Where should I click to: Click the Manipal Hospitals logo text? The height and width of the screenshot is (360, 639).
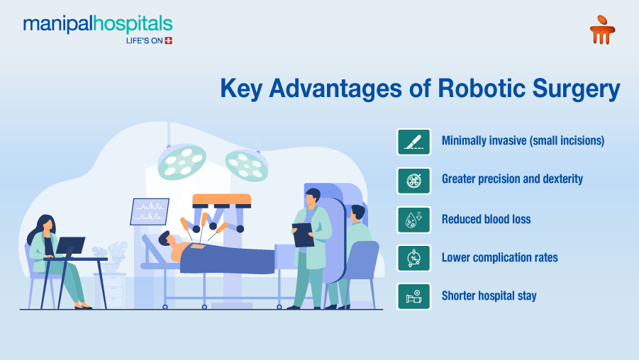(x=97, y=24)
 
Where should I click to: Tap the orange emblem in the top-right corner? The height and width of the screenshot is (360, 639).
(x=602, y=30)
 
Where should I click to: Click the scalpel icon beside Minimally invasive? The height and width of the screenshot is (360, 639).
(x=414, y=141)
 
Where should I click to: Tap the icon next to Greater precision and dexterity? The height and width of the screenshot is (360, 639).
(x=414, y=180)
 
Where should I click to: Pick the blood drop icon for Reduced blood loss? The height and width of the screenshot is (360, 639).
(x=414, y=220)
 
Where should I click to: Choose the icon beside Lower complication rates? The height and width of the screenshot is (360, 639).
(x=414, y=258)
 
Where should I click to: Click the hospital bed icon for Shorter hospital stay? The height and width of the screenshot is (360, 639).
(x=414, y=296)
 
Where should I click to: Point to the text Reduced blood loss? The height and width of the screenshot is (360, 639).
(x=486, y=220)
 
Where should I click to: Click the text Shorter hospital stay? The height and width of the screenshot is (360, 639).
(x=489, y=296)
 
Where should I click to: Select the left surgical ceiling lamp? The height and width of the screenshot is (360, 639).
(x=182, y=159)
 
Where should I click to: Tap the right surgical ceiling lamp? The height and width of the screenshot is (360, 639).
(x=246, y=164)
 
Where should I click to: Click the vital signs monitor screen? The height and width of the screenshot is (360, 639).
(x=150, y=211)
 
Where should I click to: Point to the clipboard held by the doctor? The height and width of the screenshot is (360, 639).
(x=303, y=235)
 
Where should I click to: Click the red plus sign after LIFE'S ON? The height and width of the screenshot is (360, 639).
(x=168, y=41)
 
